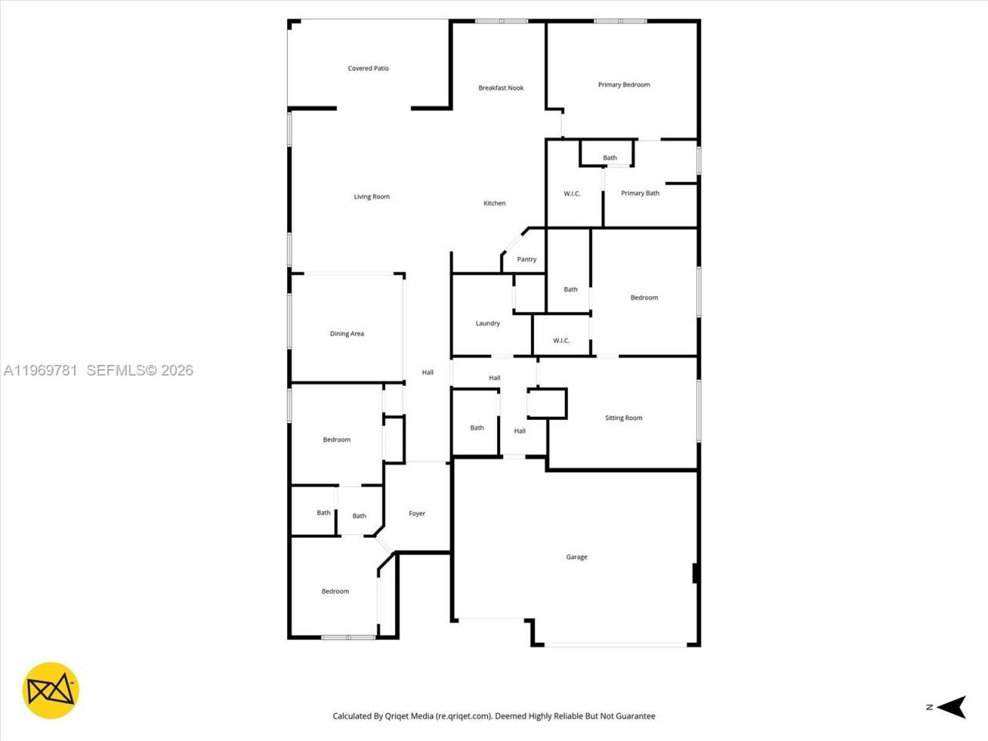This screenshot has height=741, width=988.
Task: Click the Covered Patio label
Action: point(368,69)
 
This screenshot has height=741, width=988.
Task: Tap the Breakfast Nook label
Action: point(501,88)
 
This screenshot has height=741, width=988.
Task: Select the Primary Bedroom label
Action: point(624,85)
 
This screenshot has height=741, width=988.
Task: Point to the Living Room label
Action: point(372,197)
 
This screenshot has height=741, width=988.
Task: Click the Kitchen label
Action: point(495,204)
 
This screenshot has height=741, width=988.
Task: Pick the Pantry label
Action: point(526,259)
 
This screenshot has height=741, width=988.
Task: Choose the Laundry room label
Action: point(488,323)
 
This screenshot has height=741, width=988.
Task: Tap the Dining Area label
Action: point(347,334)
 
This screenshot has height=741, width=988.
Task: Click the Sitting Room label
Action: point(624,418)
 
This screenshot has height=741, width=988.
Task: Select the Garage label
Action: point(577,557)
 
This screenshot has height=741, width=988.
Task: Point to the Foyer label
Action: point(417,514)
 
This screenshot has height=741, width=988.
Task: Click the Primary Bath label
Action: point(640,193)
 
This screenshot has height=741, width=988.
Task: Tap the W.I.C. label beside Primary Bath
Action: point(572,194)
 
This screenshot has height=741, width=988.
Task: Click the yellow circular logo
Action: point(51,690)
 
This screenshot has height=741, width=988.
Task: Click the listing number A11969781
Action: point(40,370)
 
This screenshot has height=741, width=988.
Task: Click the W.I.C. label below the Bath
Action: point(561,341)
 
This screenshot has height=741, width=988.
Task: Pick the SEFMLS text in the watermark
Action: point(116,370)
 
